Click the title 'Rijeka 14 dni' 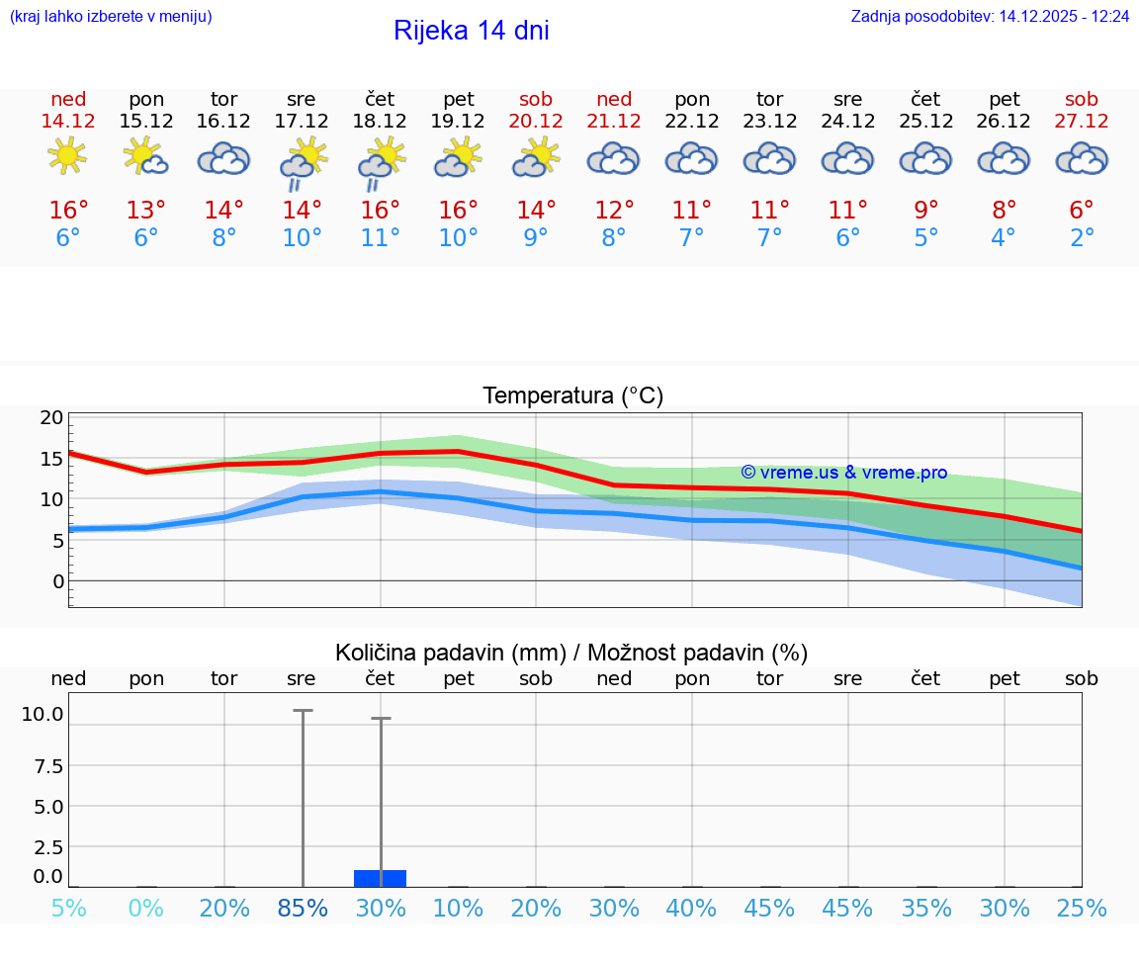coord(471,31)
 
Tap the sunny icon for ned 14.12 coord(67,156)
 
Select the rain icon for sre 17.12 coord(302,163)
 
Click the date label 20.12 coord(536,121)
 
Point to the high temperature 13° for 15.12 coord(145,211)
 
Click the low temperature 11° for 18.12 coord(381,237)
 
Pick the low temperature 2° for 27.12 coord(1082,237)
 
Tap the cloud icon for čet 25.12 coord(925,158)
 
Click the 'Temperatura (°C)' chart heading coord(572,395)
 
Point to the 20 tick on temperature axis coord(51,417)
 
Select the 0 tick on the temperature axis coord(57,581)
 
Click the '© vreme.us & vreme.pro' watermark coord(843,473)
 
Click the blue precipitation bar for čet coord(381,878)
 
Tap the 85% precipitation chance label coord(303,908)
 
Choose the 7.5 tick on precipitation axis coord(48,766)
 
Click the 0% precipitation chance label coord(145,908)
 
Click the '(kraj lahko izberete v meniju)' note coord(111,17)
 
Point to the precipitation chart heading coord(571,653)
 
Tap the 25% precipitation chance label coord(1082,908)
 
